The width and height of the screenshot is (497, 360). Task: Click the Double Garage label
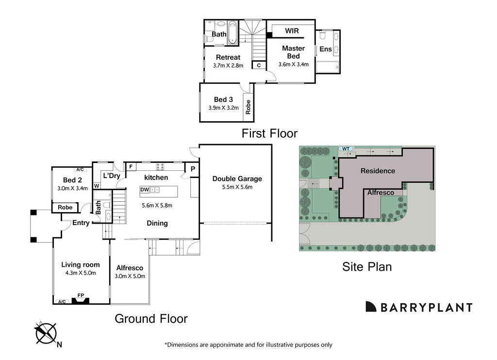pos(237,179)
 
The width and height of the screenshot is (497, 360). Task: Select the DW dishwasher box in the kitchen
pos(145,190)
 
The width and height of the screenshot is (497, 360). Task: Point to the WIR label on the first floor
pos(292,31)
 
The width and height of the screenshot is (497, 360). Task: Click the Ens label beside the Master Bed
pos(326,49)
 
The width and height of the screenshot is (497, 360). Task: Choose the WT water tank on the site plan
pos(346,148)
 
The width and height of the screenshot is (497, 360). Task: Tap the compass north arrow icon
pos(46,333)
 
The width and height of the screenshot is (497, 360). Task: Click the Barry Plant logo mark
pos(371,307)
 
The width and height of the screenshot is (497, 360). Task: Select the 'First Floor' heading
pos(269,133)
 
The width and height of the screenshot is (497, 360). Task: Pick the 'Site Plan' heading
pos(367,266)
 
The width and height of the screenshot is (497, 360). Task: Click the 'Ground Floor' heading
pos(150,319)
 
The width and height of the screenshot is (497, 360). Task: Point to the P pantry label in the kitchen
pos(193,169)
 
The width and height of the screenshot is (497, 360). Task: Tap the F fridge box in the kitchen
pos(131,166)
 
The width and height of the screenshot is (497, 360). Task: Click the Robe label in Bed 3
pos(248,107)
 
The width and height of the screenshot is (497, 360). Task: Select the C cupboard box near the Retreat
pos(259,65)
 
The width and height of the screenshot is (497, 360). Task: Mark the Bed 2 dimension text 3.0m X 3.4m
pos(73,188)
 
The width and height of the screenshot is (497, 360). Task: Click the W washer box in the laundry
pos(97,186)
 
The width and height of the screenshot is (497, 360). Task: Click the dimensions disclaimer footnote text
pos(248,345)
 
